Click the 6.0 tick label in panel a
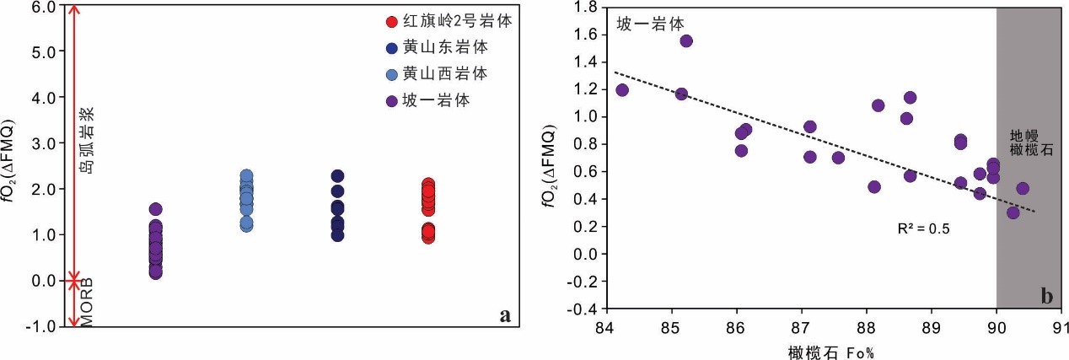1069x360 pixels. tap(43, 6)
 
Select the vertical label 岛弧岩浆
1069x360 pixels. tap(86, 140)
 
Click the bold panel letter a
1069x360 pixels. tap(505, 315)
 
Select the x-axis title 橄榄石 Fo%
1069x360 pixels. tap(831, 351)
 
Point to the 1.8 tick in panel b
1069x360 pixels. tap(584, 7)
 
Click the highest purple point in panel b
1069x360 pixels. tap(686, 40)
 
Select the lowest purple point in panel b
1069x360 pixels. tap(1013, 212)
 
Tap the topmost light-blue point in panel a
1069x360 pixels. tap(246, 176)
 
